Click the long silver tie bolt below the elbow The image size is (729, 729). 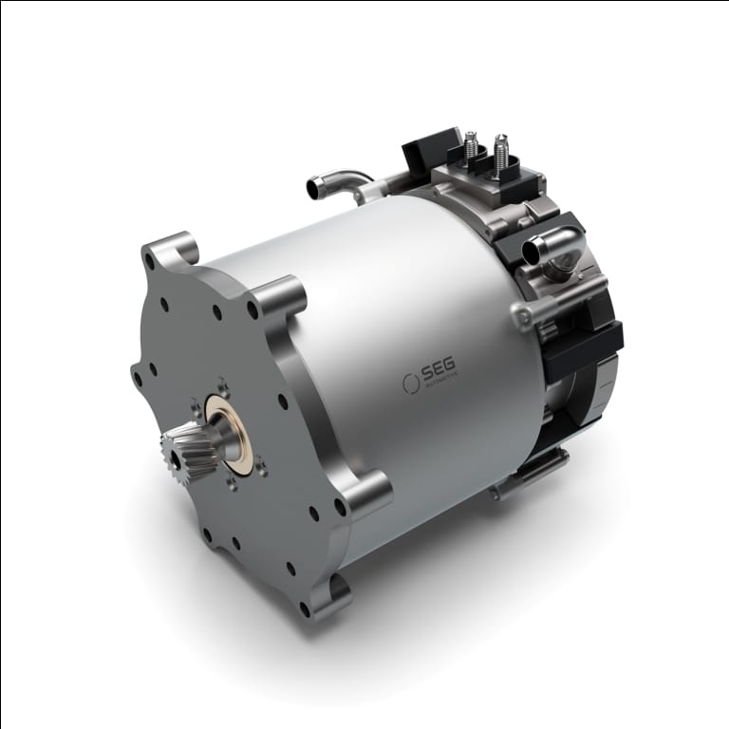pyautogui.click(x=560, y=294)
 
